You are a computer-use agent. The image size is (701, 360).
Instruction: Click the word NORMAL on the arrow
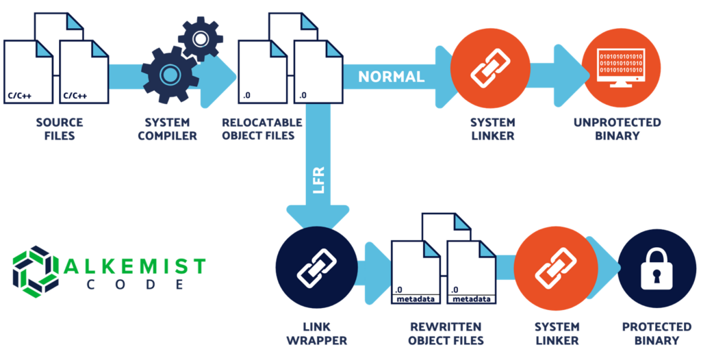[392, 76]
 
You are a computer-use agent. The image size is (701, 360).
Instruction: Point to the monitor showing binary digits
[622, 66]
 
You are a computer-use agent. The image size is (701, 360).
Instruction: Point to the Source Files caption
[60, 129]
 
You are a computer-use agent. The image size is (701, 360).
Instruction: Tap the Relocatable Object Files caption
[262, 129]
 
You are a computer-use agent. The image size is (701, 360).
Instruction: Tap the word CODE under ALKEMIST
[136, 284]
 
